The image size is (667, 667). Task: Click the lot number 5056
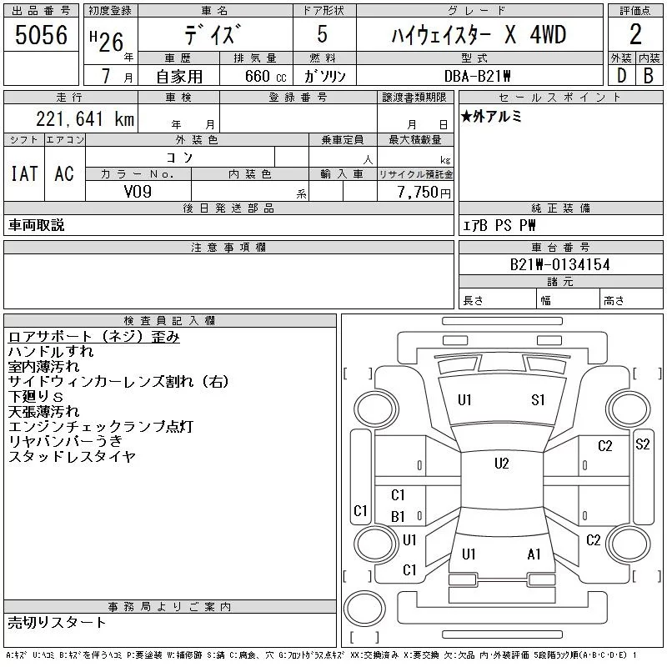(41, 35)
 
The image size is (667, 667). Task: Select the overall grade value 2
(635, 34)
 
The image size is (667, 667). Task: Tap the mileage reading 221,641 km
(85, 118)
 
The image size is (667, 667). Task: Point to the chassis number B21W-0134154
(559, 264)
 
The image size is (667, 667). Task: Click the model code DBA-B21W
(477, 76)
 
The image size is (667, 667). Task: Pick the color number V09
(138, 192)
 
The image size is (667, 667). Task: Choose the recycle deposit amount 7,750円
(424, 193)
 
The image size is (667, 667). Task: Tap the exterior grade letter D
(621, 76)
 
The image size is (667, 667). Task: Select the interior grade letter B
(649, 76)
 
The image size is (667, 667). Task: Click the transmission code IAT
(24, 173)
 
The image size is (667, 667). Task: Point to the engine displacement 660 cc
(265, 76)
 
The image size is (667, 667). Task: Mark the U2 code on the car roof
(502, 463)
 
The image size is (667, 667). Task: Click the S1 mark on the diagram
(538, 400)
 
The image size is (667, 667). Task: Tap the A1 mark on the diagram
(534, 554)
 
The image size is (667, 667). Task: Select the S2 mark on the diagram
(642, 444)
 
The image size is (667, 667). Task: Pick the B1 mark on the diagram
(398, 516)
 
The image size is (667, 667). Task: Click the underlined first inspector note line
(93, 337)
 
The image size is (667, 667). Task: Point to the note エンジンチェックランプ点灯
(101, 426)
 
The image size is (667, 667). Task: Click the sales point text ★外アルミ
(491, 116)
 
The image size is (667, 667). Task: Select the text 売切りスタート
(57, 622)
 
